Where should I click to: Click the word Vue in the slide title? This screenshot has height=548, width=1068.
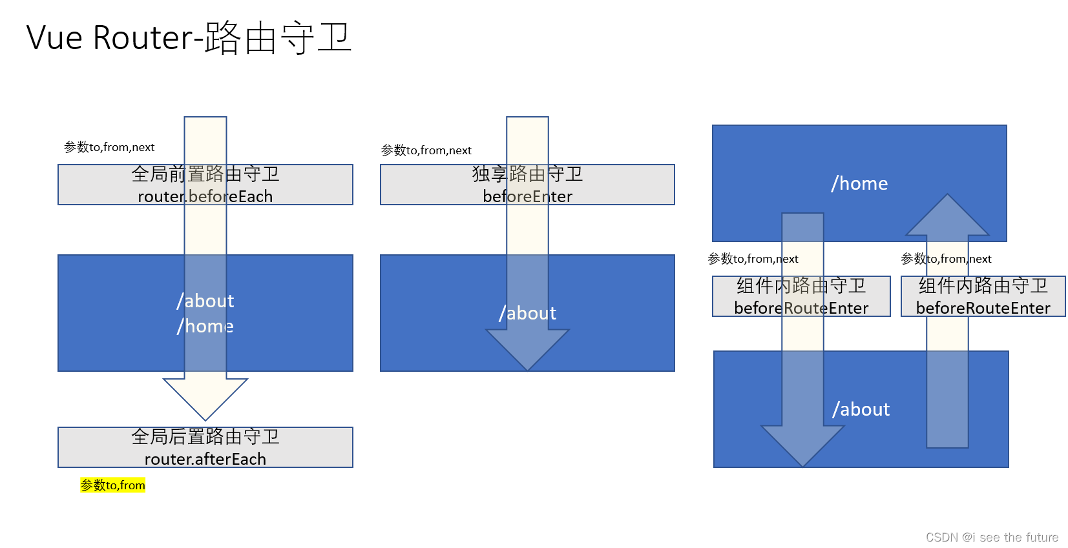click(x=54, y=37)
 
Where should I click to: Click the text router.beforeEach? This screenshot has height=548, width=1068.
click(x=205, y=196)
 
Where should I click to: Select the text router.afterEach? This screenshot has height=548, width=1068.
click(x=205, y=459)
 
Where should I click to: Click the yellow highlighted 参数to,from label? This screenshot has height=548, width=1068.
click(x=112, y=485)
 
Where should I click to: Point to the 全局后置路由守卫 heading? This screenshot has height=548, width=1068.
click(x=205, y=437)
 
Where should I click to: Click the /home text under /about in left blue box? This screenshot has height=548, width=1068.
click(x=205, y=326)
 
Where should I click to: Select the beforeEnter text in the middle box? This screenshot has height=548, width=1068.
click(x=527, y=196)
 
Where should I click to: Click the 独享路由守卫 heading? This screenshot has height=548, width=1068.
click(x=527, y=174)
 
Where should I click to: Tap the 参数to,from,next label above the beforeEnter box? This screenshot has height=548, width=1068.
click(x=426, y=150)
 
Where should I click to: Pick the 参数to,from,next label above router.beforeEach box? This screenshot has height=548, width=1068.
click(x=109, y=147)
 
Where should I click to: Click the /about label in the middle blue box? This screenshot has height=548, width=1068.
click(x=527, y=313)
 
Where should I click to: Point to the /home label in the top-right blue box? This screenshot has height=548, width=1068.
click(x=859, y=183)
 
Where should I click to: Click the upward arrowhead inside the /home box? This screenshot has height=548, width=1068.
click(x=947, y=216)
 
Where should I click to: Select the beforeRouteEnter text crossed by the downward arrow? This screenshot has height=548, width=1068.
click(x=801, y=308)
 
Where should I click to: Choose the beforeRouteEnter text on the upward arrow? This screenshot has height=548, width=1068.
click(x=983, y=308)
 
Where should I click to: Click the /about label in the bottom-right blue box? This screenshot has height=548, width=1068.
click(x=861, y=409)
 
